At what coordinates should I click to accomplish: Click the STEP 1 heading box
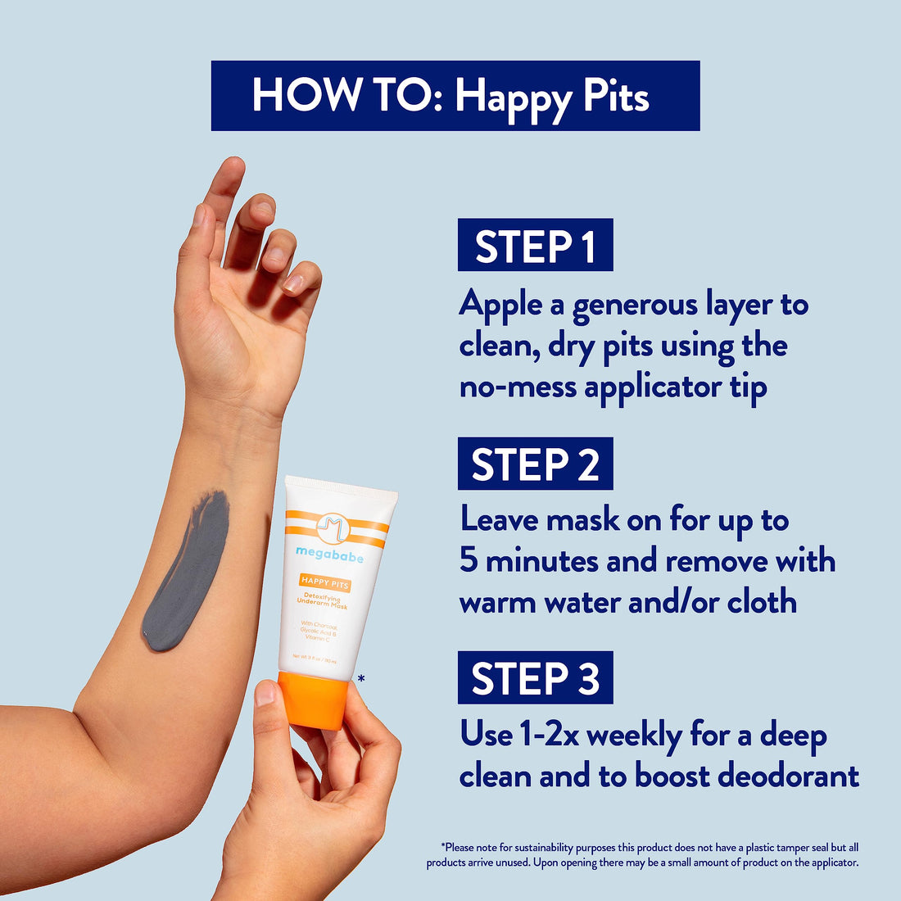click(x=535, y=245)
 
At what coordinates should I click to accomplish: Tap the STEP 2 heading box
click(x=535, y=464)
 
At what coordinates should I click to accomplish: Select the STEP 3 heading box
click(x=535, y=677)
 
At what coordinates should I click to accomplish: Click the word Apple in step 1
click(x=500, y=304)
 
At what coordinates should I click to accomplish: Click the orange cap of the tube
click(x=312, y=700)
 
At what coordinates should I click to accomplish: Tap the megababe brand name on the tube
click(x=329, y=555)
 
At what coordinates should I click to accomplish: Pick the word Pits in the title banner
click(x=615, y=97)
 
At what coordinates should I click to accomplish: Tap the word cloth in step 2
click(x=762, y=602)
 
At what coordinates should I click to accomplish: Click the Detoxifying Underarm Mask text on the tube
click(x=323, y=603)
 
